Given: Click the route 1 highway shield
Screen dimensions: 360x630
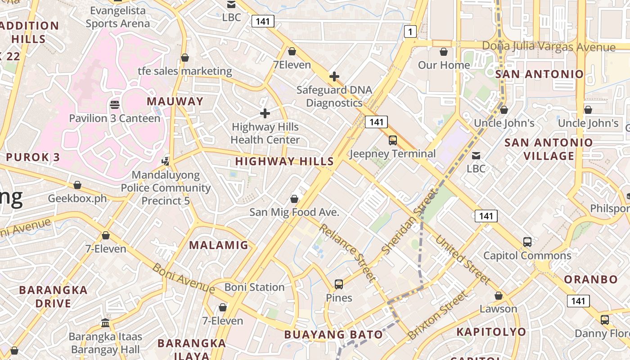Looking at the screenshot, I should pyautogui.click(x=410, y=31).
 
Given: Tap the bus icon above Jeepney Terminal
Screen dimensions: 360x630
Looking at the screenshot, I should pyautogui.click(x=393, y=140).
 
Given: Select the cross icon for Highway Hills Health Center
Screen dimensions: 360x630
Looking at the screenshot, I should pyautogui.click(x=265, y=113).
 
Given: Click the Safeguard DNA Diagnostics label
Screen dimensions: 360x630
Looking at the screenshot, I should pyautogui.click(x=334, y=96).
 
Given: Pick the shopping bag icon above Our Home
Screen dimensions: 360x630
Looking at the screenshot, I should pyautogui.click(x=444, y=52).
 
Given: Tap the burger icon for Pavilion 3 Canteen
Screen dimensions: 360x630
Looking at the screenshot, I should pyautogui.click(x=115, y=105).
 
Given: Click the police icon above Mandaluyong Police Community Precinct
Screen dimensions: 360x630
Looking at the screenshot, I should pyautogui.click(x=166, y=161).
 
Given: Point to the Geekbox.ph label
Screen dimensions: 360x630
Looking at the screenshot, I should pyautogui.click(x=77, y=198).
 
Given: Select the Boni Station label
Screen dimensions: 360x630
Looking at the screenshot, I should pyautogui.click(x=254, y=287).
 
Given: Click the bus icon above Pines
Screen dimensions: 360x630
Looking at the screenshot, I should pyautogui.click(x=339, y=284).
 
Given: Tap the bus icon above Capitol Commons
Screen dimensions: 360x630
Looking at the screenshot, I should pyautogui.click(x=527, y=242).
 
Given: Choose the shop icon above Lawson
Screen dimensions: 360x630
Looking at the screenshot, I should pyautogui.click(x=498, y=296).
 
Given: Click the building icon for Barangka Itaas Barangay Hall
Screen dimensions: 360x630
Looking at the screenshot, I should pyautogui.click(x=105, y=323).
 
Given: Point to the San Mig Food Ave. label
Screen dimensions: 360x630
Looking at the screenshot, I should pyautogui.click(x=294, y=212).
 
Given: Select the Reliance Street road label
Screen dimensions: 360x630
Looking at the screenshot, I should pyautogui.click(x=347, y=252).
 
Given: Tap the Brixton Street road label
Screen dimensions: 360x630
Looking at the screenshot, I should pyautogui.click(x=437, y=315).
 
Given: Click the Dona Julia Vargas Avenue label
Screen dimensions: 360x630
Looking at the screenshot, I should pyautogui.click(x=548, y=47).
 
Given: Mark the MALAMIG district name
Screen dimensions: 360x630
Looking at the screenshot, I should pyautogui.click(x=218, y=245).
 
